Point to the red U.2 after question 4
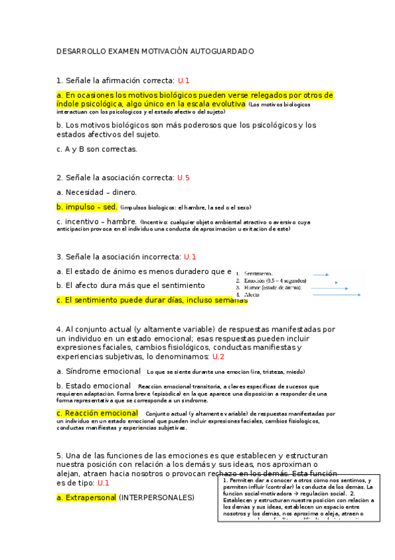pyautogui.click(x=218, y=357)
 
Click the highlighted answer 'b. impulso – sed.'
pyautogui.click(x=87, y=207)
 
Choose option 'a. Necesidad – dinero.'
pyautogui.click(x=96, y=192)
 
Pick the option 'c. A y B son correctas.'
pyautogui.click(x=97, y=149)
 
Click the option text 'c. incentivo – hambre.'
pyautogui.click(x=96, y=222)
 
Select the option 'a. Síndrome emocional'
pyautogui.click(x=98, y=371)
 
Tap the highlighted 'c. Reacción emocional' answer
pyautogui.click(x=97, y=413)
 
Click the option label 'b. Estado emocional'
pyautogui.click(x=94, y=386)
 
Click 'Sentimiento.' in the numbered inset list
pyautogui.click(x=258, y=273)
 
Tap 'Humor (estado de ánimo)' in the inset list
pyautogui.click(x=270, y=288)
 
